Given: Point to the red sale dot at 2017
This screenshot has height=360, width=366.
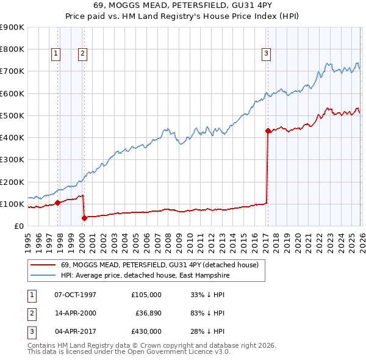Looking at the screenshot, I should point(268,131).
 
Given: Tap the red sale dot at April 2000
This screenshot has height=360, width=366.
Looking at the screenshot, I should point(85,218).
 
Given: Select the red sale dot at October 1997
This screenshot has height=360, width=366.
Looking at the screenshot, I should point(58,203).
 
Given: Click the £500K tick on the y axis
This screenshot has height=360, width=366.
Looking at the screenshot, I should point(12,115).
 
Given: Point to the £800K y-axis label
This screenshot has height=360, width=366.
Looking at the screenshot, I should point(12,49).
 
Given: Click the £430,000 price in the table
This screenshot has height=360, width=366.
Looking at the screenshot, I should point(146,331).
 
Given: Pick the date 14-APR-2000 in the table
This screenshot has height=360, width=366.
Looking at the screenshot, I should point(75,313).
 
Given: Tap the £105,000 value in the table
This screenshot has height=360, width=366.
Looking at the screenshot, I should point(146,295).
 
